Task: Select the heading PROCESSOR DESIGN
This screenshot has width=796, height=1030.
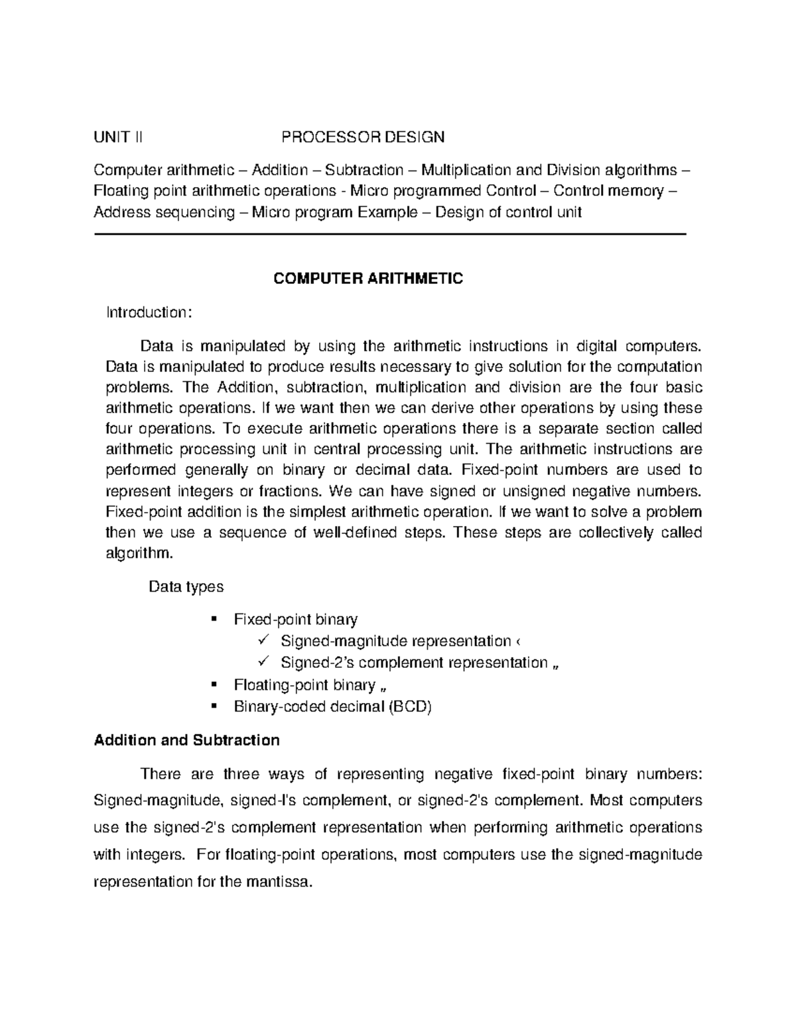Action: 363,137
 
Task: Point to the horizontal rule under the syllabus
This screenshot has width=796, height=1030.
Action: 389,234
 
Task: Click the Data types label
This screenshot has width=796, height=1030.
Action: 186,587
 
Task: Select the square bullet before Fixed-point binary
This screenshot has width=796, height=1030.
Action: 213,619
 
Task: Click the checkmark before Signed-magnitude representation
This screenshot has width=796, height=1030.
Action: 263,641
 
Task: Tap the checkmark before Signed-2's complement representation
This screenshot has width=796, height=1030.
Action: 263,663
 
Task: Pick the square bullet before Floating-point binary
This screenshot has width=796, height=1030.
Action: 213,684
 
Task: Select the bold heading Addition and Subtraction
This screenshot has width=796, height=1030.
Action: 186,740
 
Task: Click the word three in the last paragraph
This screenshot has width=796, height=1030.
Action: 241,774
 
